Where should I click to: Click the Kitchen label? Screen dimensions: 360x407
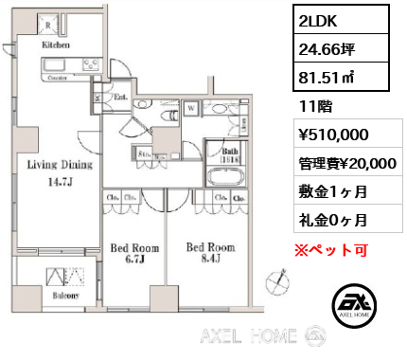(54, 44)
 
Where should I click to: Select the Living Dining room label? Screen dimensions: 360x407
(59, 166)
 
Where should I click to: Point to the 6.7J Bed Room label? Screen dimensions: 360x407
(132, 251)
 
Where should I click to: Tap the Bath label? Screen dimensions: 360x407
(230, 152)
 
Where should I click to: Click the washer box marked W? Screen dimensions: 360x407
(190, 108)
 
